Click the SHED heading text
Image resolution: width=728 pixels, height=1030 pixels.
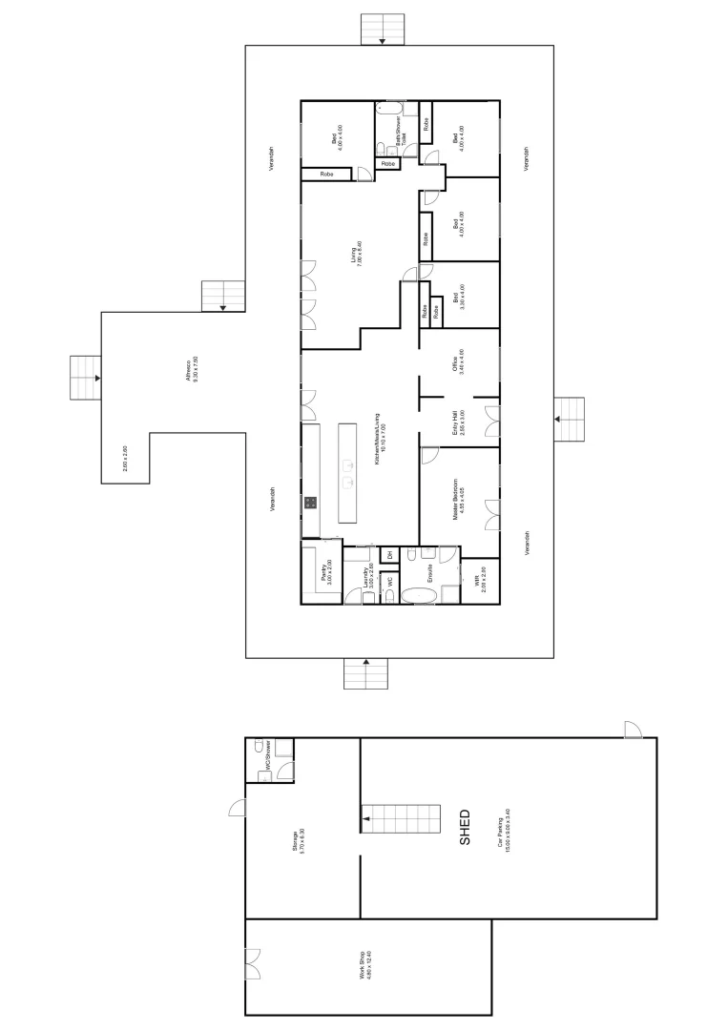pyautogui.click(x=466, y=828)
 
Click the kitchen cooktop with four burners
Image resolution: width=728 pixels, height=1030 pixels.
pyautogui.click(x=311, y=502)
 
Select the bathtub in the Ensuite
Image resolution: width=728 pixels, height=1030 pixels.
pyautogui.click(x=417, y=595)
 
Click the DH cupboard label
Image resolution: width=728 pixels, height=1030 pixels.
pyautogui.click(x=389, y=554)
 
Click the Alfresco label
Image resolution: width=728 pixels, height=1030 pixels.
pyautogui.click(x=193, y=369)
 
